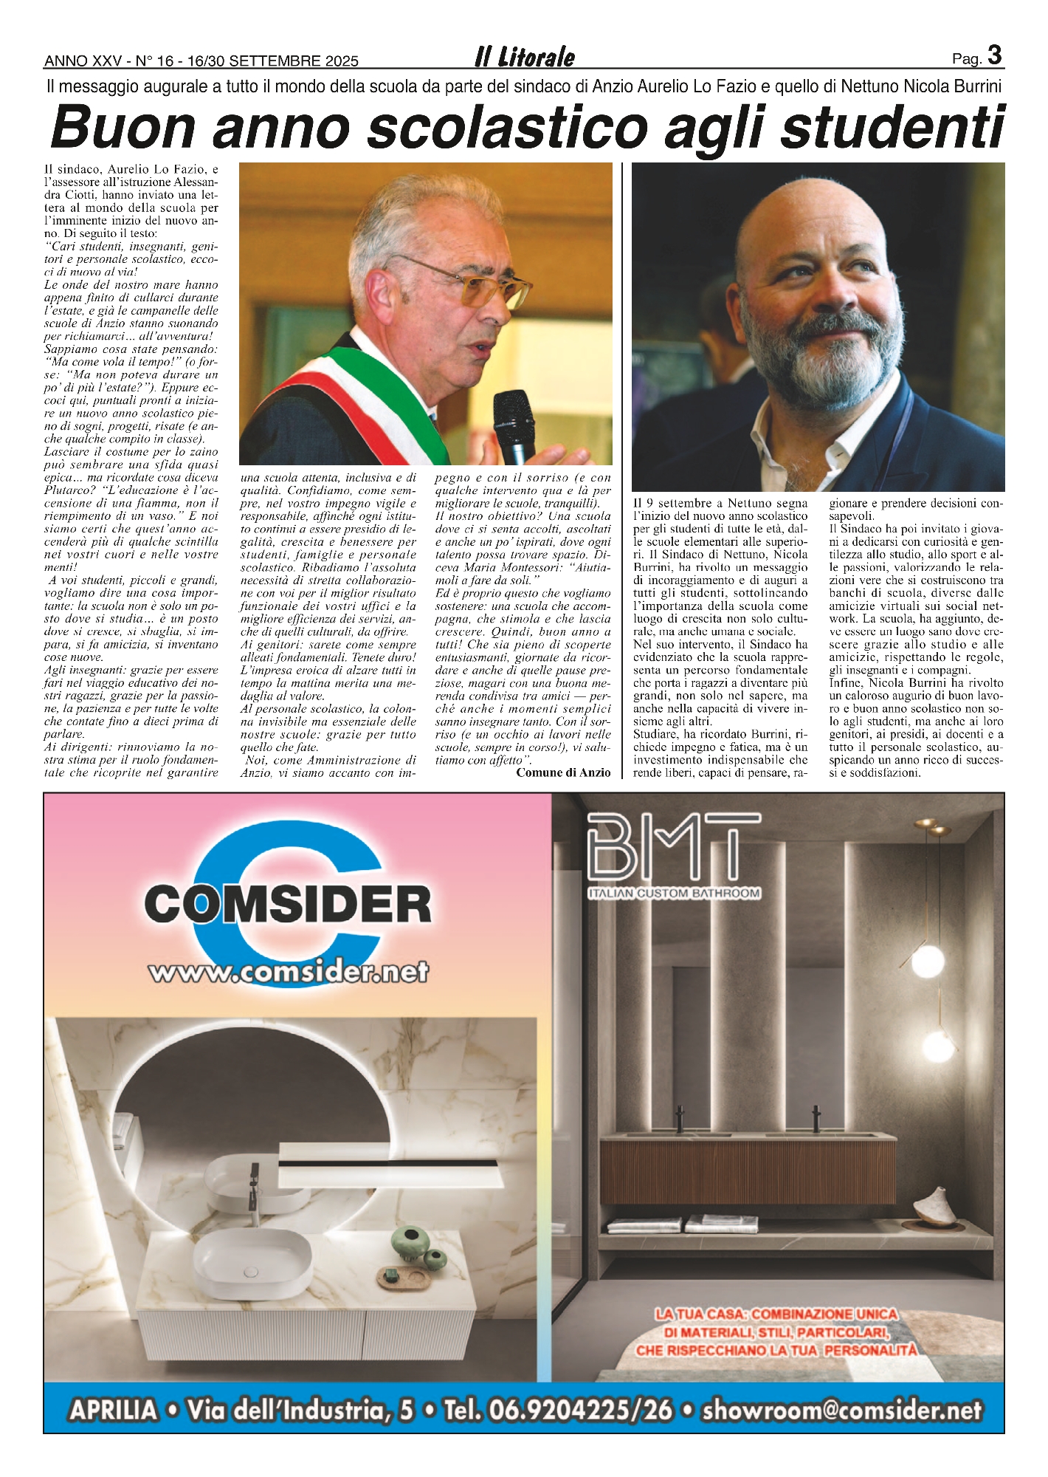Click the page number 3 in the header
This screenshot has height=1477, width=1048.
[995, 55]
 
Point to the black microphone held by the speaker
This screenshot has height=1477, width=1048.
[514, 425]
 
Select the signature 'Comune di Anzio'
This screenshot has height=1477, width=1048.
[563, 772]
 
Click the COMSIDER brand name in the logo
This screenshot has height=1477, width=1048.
[288, 904]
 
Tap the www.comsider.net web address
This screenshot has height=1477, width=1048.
[288, 972]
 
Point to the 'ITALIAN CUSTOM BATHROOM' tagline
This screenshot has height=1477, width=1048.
[674, 893]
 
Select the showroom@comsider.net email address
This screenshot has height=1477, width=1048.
[841, 1410]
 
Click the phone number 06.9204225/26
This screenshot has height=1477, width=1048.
[558, 1410]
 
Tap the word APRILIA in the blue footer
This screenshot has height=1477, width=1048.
[114, 1410]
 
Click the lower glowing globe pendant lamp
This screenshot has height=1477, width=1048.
[927, 1046]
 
